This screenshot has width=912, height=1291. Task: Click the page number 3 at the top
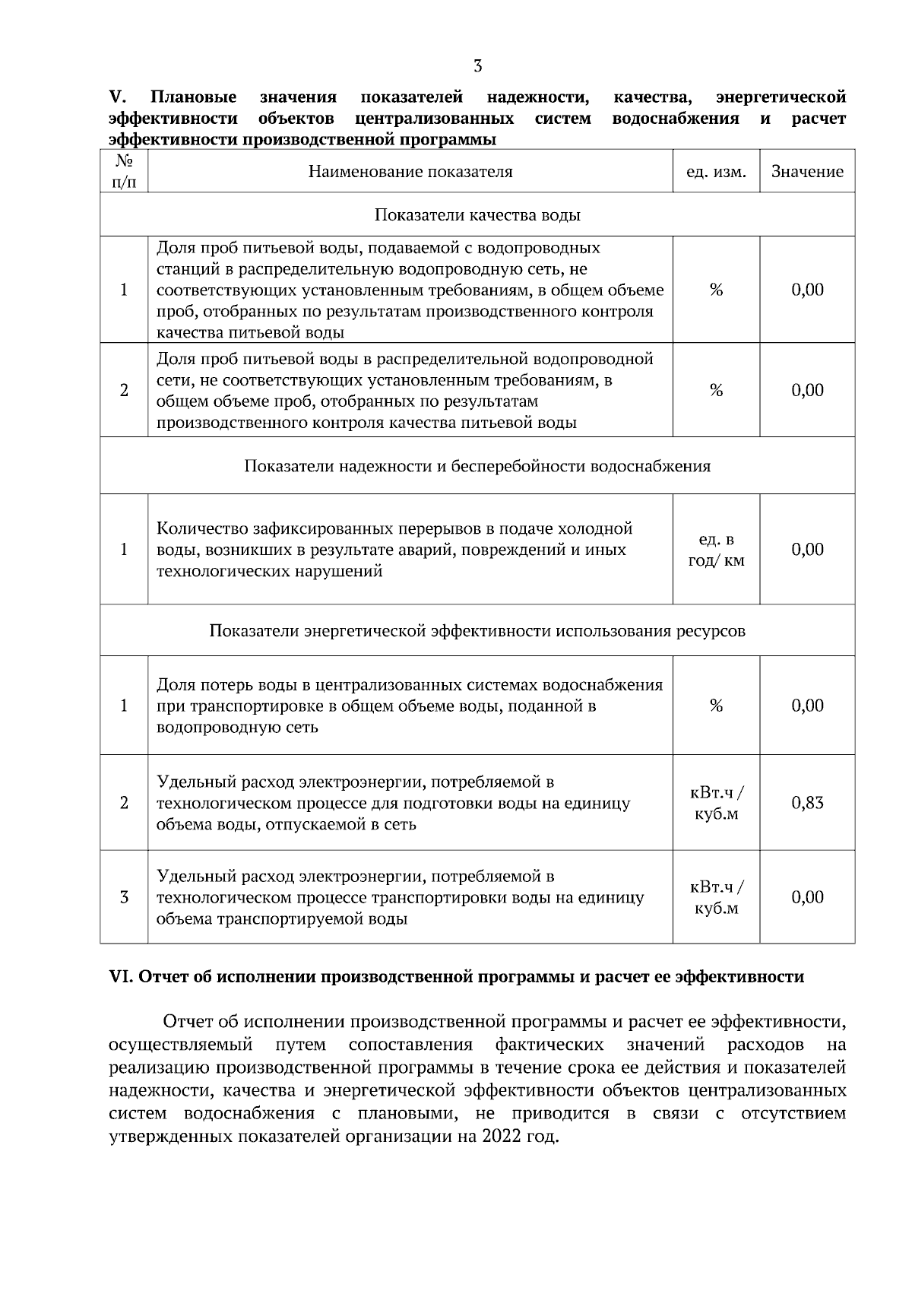[x=477, y=66]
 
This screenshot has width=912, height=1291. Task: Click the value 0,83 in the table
[x=807, y=803]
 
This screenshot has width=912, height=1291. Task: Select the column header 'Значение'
[x=807, y=172]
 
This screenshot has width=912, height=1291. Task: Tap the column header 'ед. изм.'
[x=716, y=172]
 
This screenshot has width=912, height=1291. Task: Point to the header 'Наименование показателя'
[x=410, y=172]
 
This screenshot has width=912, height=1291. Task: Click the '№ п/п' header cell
[x=124, y=172]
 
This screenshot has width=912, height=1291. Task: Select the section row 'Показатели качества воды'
[x=477, y=215]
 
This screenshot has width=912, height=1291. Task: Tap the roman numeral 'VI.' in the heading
[x=122, y=977]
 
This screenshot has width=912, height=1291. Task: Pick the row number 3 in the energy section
[x=124, y=897]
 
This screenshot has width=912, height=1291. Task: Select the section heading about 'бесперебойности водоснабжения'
[x=477, y=466]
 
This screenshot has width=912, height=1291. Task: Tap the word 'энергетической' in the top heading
[x=781, y=97]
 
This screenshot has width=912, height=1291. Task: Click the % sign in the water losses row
[x=716, y=706]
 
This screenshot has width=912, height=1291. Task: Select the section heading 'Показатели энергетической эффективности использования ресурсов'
[x=477, y=631]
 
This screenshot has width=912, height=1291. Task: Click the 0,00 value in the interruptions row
[x=807, y=550]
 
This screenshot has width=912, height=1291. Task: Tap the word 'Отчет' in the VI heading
[x=163, y=977]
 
